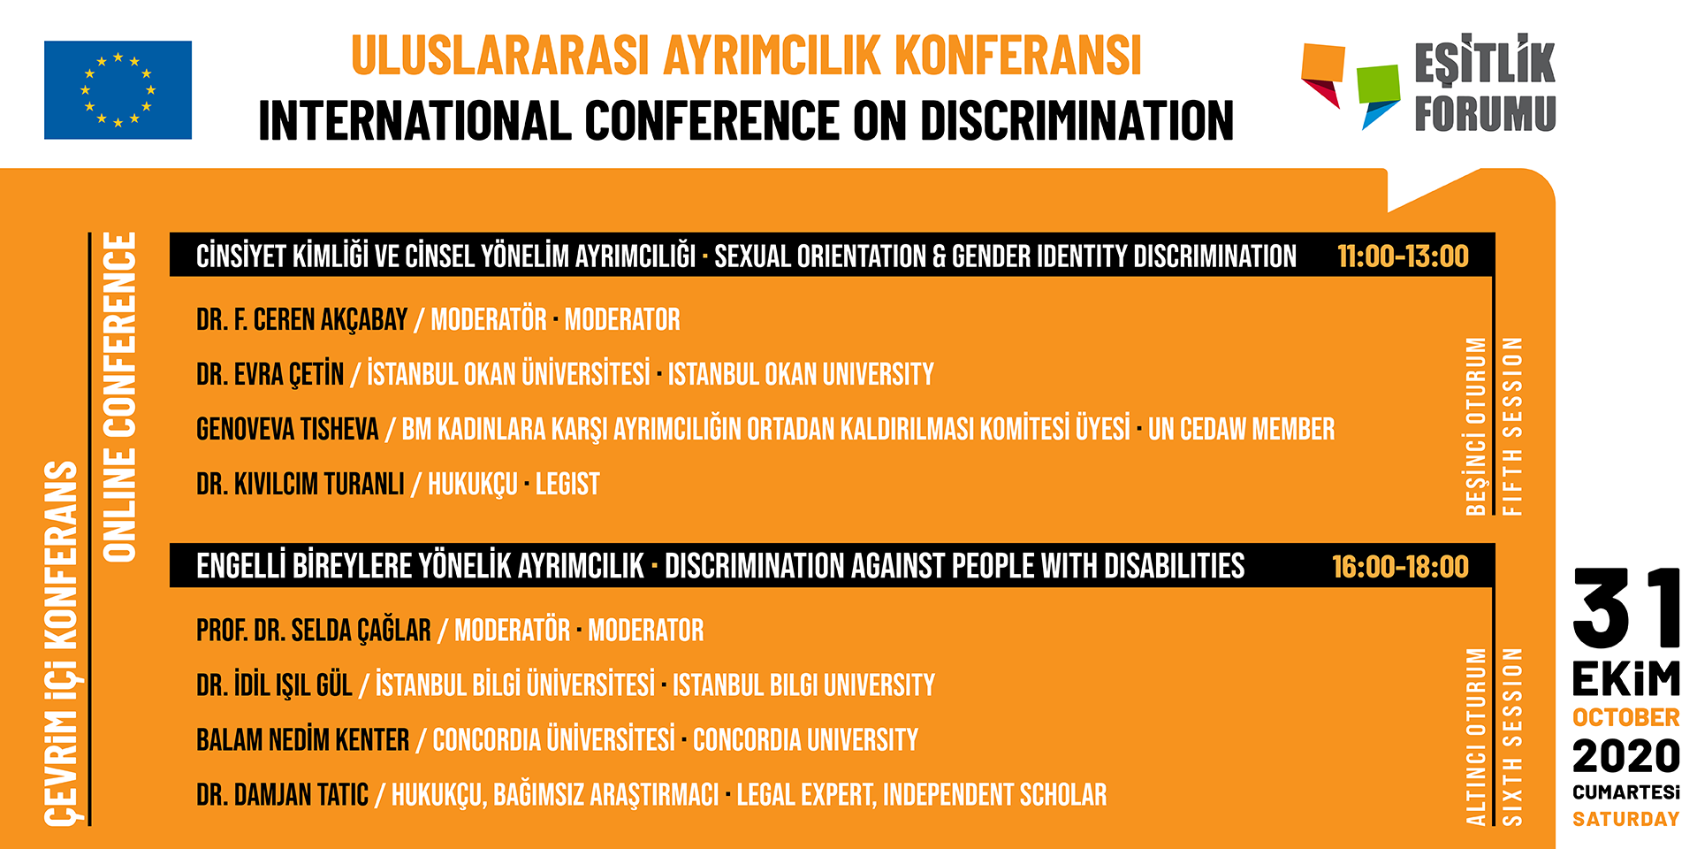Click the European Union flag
(118, 90)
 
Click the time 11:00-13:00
(1403, 256)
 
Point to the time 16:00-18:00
(1400, 567)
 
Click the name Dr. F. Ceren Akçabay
(301, 319)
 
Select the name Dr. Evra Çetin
(270, 374)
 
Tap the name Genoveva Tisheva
(287, 429)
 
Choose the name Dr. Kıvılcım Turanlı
(301, 484)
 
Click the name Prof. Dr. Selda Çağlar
(314, 631)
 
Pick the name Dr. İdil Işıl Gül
(274, 685)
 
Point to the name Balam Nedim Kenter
(302, 739)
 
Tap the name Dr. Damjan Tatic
(282, 795)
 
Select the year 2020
(1626, 757)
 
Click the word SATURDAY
(1626, 820)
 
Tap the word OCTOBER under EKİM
(1626, 717)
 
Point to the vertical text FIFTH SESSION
(1512, 426)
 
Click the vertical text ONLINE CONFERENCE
(120, 397)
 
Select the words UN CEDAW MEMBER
(1241, 429)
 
